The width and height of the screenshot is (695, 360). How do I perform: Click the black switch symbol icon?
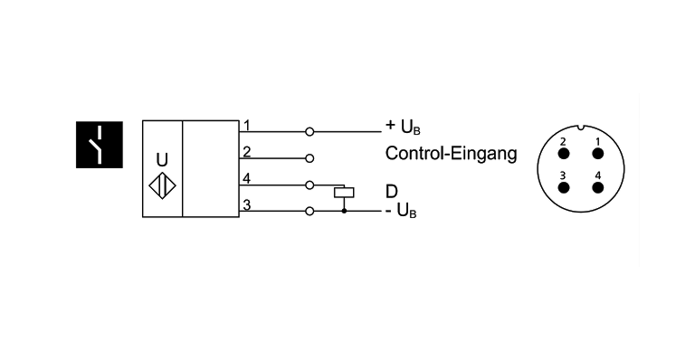pyautogui.click(x=97, y=143)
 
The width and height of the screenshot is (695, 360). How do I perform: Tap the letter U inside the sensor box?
pyautogui.click(x=162, y=159)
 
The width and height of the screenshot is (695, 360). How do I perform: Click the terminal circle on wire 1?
pyautogui.click(x=309, y=131)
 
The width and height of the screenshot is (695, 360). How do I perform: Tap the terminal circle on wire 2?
pyautogui.click(x=309, y=158)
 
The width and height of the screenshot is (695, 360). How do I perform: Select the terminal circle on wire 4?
pyautogui.click(x=309, y=185)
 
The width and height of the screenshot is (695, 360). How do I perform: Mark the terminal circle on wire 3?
pyautogui.click(x=309, y=212)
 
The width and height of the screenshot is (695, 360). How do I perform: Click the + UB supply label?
pyautogui.click(x=404, y=128)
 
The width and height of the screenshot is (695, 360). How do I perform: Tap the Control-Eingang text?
pyautogui.click(x=451, y=154)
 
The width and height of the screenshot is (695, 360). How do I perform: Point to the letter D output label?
pyautogui.click(x=392, y=191)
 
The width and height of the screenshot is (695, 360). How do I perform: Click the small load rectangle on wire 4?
pyautogui.click(x=344, y=191)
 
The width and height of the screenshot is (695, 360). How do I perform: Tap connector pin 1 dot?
pyautogui.click(x=597, y=151)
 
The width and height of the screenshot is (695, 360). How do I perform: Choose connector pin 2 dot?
pyautogui.click(x=564, y=151)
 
